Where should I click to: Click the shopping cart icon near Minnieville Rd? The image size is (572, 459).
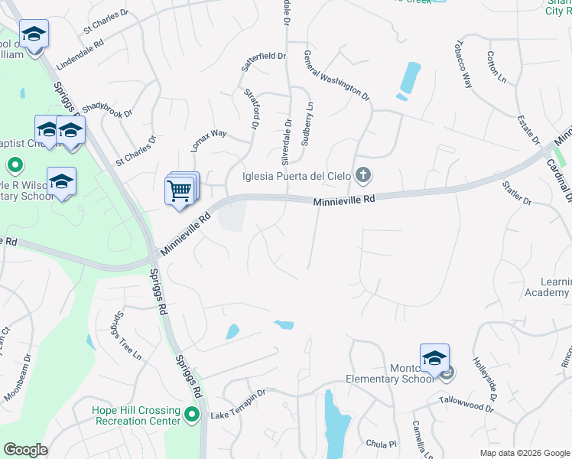[x=179, y=190]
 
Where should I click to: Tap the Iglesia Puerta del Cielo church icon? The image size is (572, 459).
[x=363, y=177]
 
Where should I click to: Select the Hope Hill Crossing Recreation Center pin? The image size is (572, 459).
[x=192, y=415]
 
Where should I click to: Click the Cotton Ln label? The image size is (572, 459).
[x=496, y=67]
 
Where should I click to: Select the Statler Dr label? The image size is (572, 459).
[x=517, y=192]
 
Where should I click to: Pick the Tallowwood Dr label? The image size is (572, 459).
[x=466, y=404]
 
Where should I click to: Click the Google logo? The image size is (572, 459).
[x=25, y=450]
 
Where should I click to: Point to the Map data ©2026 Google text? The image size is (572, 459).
[x=524, y=453]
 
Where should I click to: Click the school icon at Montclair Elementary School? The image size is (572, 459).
[x=434, y=358]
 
